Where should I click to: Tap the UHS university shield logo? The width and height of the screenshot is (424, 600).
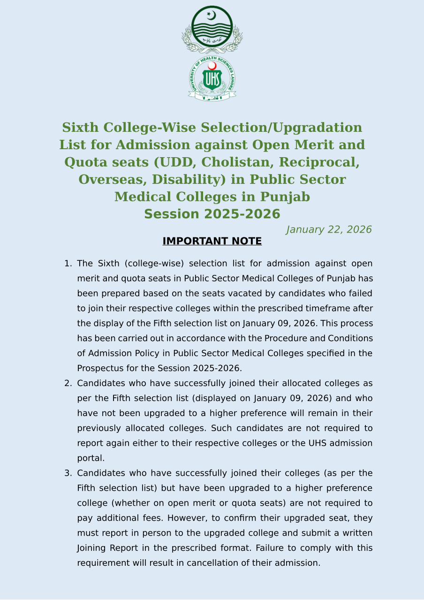(212, 79)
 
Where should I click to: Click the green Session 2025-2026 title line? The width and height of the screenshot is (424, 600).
(212, 214)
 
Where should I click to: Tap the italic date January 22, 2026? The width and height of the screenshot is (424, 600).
(329, 229)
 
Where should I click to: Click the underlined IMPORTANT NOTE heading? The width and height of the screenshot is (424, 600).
(212, 241)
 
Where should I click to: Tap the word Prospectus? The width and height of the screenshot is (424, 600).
(100, 368)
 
